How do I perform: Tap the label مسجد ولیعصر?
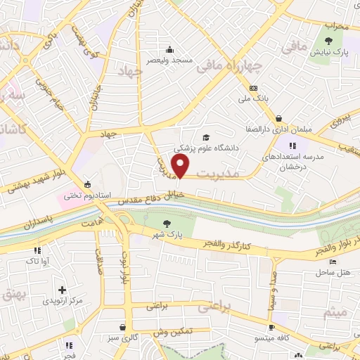click(x=169, y=60)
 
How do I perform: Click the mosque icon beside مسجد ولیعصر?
click(x=169, y=49)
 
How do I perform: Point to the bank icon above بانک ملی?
click(x=253, y=88)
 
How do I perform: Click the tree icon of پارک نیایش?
click(x=330, y=41)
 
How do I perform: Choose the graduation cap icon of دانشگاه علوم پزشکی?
click(x=206, y=138)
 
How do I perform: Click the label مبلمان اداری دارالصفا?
click(x=280, y=129)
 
